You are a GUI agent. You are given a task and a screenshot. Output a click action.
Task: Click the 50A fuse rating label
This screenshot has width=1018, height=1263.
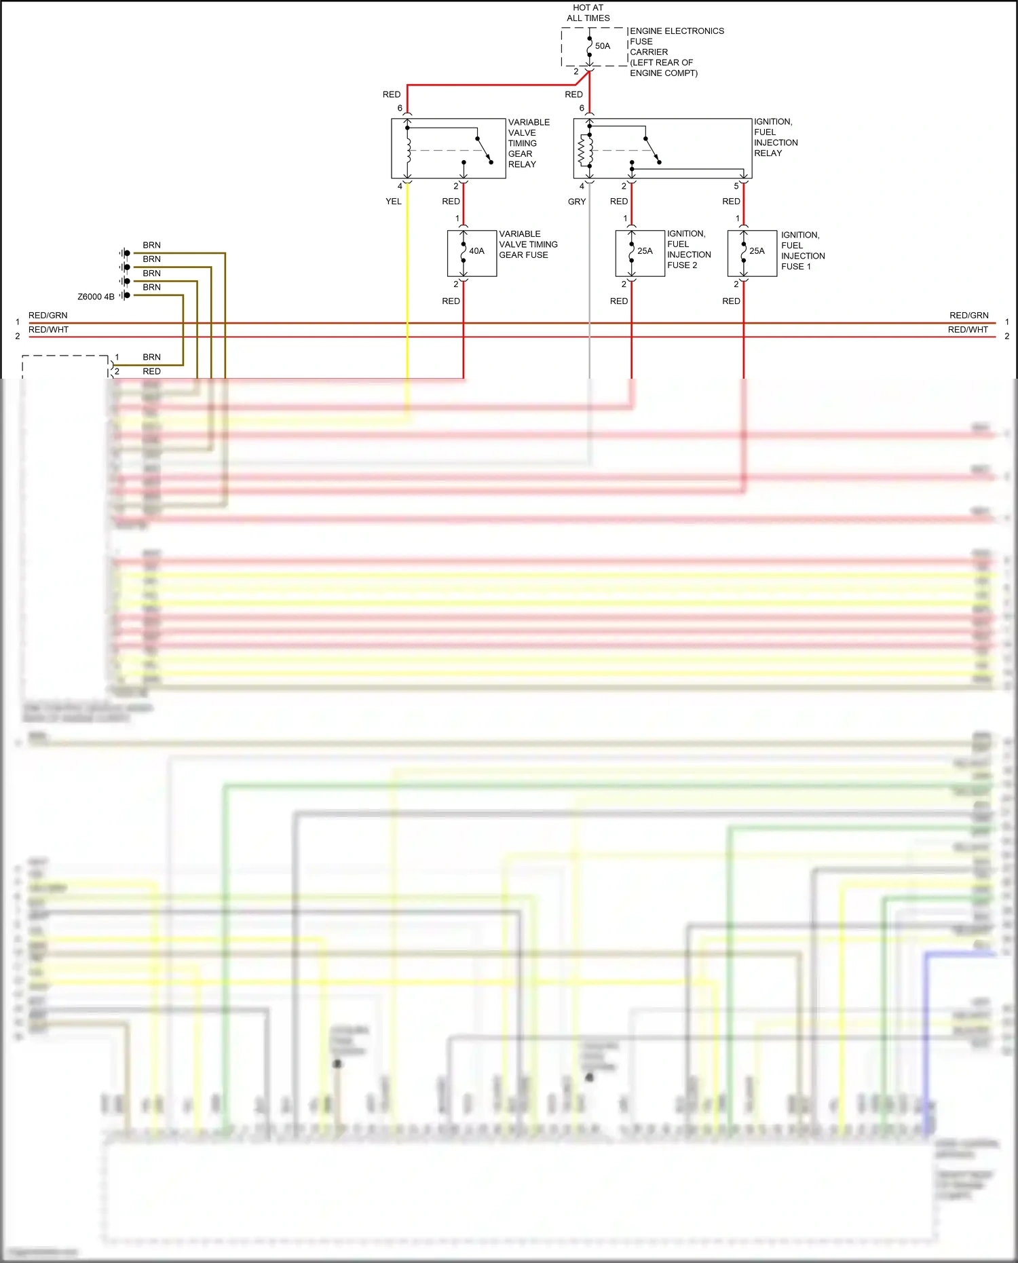point(603,46)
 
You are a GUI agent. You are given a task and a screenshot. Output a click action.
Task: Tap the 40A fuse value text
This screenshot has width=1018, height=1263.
point(476,251)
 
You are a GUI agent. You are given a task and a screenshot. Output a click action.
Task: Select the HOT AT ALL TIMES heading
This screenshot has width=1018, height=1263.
point(588,13)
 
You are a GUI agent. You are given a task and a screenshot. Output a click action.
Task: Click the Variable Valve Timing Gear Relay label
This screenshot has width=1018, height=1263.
point(528,143)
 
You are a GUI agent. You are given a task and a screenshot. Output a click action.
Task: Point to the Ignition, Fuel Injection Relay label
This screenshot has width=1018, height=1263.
point(775,138)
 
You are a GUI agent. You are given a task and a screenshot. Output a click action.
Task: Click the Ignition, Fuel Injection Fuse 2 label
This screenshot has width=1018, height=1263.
point(688,250)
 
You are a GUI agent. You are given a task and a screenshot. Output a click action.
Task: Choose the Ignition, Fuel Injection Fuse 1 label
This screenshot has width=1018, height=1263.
point(802,251)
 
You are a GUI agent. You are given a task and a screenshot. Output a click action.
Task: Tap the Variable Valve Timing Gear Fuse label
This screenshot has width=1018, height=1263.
point(528,244)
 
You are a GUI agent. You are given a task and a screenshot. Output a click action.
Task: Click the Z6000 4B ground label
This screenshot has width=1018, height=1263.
point(96,297)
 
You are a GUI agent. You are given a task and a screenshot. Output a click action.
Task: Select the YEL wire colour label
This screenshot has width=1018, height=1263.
point(394,202)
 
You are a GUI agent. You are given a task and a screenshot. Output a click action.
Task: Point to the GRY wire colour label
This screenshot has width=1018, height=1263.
point(577,202)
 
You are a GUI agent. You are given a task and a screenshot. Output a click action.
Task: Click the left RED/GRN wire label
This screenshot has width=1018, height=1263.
point(48,316)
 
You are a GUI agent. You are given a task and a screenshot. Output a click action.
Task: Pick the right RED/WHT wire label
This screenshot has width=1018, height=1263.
point(968,330)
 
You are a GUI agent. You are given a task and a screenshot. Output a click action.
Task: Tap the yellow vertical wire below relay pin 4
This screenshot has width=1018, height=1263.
point(407,285)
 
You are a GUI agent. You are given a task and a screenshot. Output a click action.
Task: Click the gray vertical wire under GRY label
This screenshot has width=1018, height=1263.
point(590,285)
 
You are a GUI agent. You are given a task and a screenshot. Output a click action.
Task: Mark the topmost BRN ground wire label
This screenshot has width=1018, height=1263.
point(151,245)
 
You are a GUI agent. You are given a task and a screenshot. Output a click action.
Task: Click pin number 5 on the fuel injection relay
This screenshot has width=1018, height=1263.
point(736,186)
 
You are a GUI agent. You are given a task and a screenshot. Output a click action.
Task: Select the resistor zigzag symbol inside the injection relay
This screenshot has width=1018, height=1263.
point(581,151)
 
